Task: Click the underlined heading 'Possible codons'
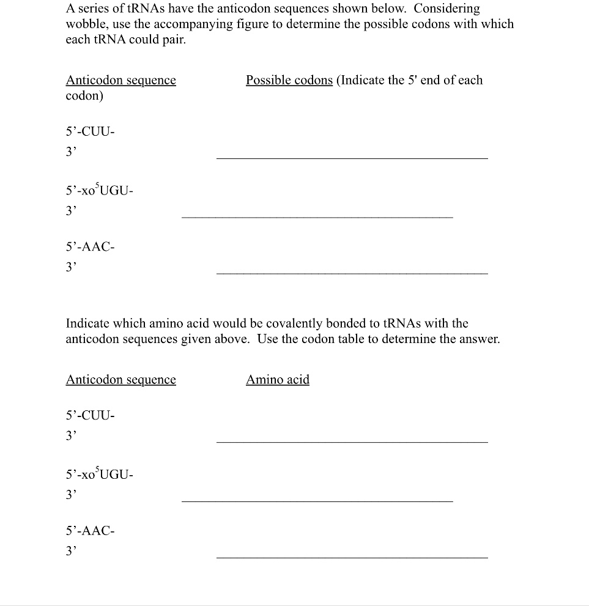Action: click(x=289, y=80)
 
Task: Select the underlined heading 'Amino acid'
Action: click(x=278, y=380)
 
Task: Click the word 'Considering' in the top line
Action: click(x=447, y=9)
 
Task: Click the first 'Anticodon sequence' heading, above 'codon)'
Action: click(x=121, y=80)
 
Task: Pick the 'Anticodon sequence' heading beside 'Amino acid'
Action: click(x=121, y=380)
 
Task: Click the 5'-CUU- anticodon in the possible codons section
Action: click(x=90, y=131)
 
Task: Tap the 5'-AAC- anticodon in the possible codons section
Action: click(x=90, y=247)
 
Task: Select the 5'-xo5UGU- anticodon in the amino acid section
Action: click(x=98, y=474)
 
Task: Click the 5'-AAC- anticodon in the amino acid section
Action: click(x=90, y=531)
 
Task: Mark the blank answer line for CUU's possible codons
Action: click(x=352, y=158)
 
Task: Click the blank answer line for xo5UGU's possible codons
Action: click(x=317, y=216)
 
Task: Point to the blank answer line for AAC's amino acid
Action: click(x=352, y=556)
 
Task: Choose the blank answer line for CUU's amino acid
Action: click(x=352, y=441)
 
